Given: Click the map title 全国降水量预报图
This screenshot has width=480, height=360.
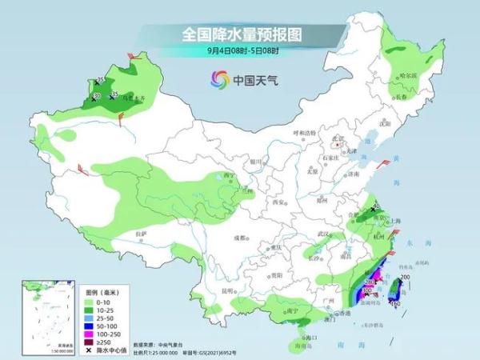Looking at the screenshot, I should pyautogui.click(x=240, y=34).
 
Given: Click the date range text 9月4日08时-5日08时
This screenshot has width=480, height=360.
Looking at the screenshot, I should pyautogui.click(x=240, y=51).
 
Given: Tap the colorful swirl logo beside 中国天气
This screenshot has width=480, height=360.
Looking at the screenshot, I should pyautogui.click(x=218, y=79).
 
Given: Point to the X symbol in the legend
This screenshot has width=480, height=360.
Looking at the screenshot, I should pyautogui.click(x=88, y=350).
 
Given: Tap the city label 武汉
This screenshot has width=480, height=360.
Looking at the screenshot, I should pyautogui.click(x=323, y=234).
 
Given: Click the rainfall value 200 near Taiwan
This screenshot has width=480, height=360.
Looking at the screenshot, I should pyautogui.click(x=404, y=278).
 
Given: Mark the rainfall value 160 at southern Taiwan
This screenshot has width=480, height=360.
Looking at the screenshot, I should pyautogui.click(x=394, y=304).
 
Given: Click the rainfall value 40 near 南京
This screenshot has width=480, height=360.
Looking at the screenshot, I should pyautogui.click(x=376, y=206).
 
